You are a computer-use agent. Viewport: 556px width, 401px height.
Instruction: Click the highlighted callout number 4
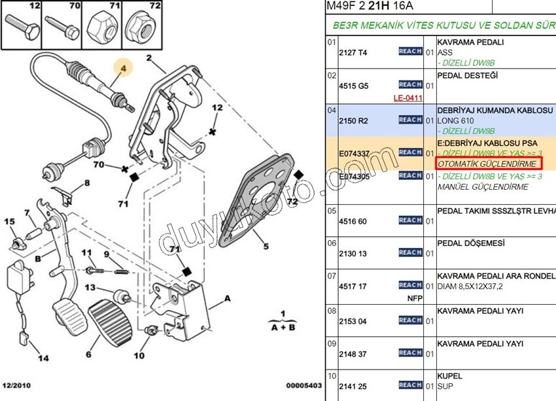122,67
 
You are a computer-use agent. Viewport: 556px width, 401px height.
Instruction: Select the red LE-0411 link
408,98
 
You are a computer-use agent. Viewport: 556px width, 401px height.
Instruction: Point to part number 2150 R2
353,120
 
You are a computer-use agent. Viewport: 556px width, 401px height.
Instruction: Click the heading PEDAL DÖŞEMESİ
471,243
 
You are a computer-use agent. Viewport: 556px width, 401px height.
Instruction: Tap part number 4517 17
353,286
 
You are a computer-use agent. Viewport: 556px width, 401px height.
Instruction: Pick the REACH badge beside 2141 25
410,385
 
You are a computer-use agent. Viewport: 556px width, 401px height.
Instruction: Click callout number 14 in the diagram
43,358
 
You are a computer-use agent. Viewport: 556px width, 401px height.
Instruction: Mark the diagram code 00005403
303,386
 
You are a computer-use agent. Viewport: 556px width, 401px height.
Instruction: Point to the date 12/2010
18,386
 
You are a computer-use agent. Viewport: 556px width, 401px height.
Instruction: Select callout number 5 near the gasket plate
266,247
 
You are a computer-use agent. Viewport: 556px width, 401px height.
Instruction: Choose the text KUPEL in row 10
449,376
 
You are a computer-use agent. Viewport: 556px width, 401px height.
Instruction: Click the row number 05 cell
332,211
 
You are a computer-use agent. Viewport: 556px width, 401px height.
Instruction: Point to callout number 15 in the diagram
10,222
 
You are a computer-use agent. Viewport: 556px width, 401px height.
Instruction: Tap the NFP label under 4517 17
415,298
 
